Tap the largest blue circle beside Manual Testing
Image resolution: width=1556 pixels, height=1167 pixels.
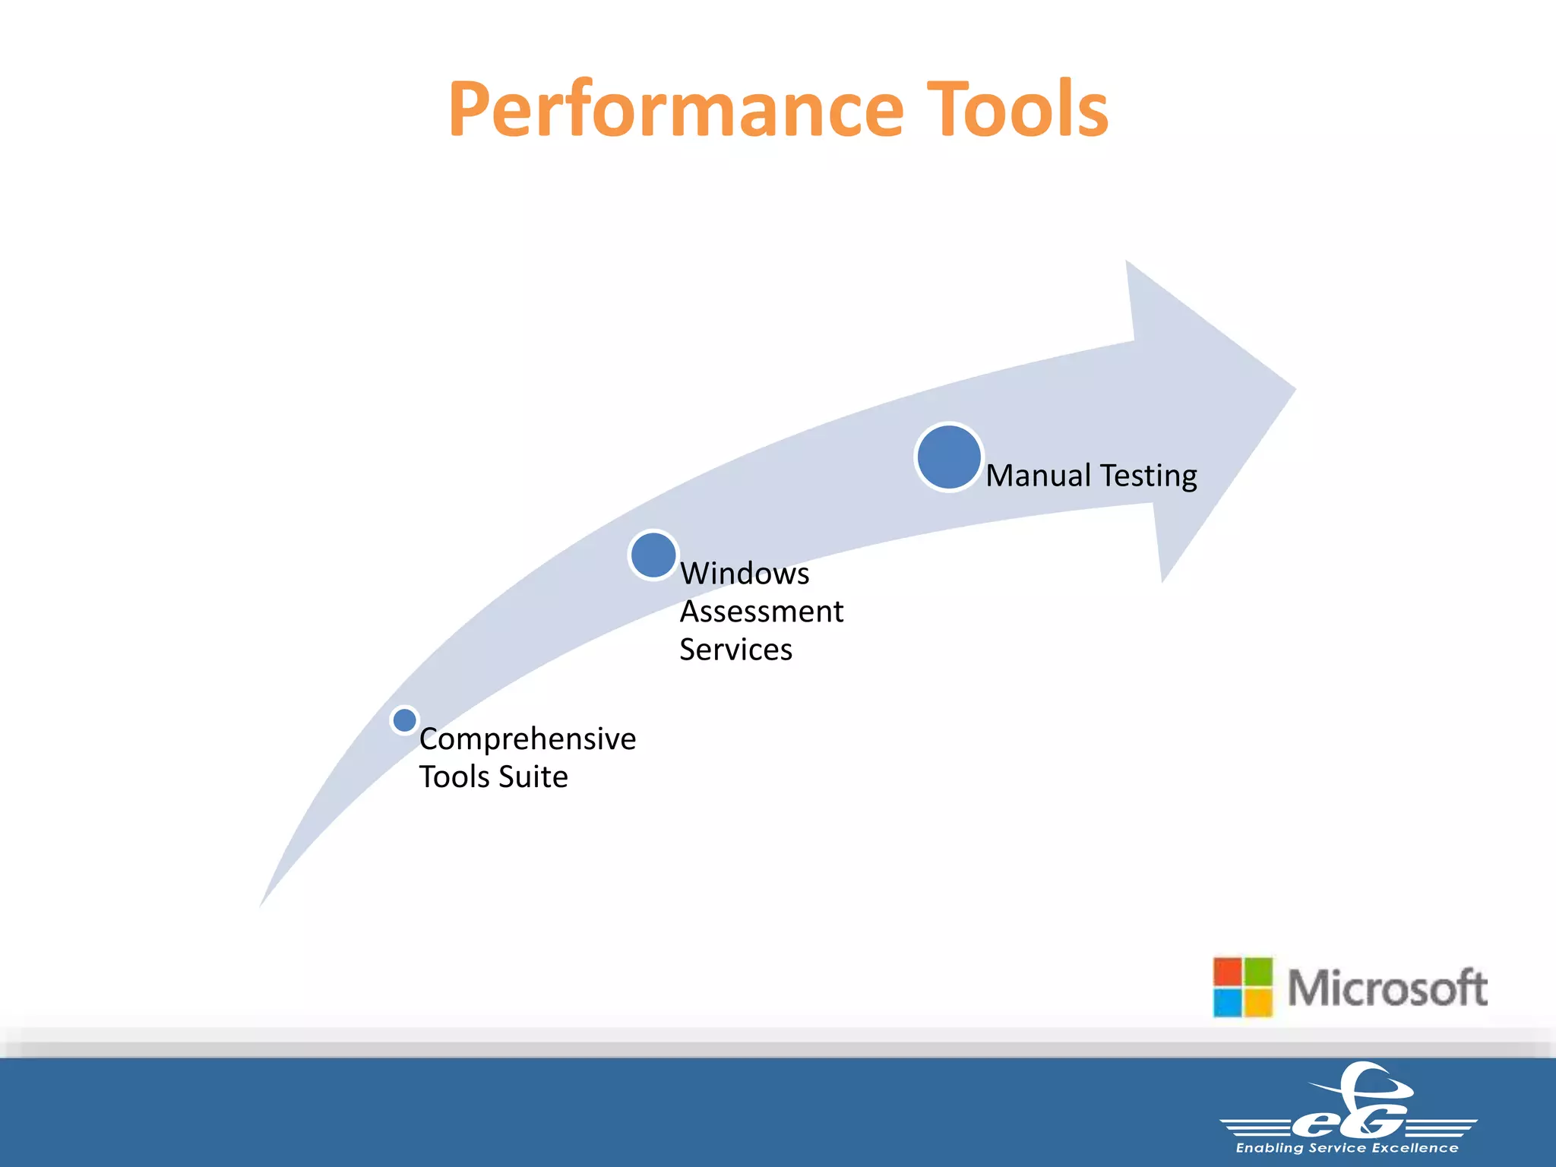[x=948, y=457]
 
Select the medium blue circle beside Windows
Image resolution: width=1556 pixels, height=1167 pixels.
[x=653, y=555]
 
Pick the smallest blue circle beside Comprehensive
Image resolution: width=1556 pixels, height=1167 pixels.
[x=404, y=719]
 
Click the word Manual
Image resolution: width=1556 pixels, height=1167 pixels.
[x=1038, y=476]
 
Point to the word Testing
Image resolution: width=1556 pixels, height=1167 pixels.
[x=1148, y=476]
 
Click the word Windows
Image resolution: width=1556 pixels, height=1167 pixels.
[x=745, y=574]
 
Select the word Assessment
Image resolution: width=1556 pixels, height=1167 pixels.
[x=761, y=612]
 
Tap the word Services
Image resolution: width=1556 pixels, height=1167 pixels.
[x=735, y=650]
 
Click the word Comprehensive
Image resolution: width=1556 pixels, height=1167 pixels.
[x=527, y=739]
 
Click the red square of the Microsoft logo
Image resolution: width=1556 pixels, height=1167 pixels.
[x=1228, y=972]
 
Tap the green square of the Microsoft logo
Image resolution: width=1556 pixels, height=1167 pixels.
[x=1258, y=972]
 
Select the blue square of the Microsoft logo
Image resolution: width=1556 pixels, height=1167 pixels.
[x=1228, y=1002]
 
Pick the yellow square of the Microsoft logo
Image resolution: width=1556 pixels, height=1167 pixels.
[x=1258, y=1002]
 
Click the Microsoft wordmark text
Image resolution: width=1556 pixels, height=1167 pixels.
[x=1387, y=988]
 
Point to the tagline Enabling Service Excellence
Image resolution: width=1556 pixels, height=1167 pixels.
[x=1347, y=1148]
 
